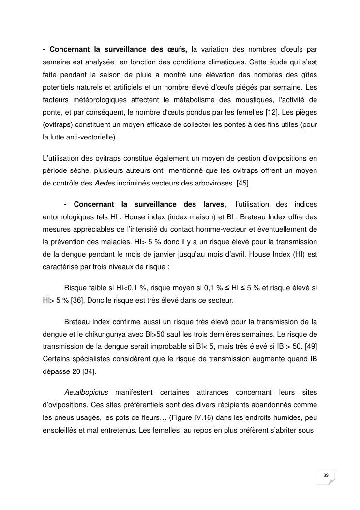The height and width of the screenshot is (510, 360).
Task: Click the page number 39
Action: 326,476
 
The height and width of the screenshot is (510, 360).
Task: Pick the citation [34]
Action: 89,371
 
